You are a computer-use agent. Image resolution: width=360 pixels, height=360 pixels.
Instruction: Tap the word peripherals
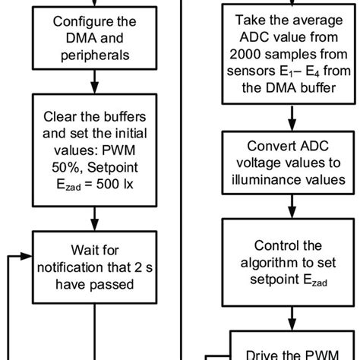click(x=95, y=55)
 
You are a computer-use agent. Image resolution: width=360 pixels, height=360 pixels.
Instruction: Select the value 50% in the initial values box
click(x=65, y=167)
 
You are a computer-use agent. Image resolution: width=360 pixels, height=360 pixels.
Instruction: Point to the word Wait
click(x=83, y=250)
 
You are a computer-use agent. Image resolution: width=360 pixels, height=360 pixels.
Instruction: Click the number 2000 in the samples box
click(x=245, y=54)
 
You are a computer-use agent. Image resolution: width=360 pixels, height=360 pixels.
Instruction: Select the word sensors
click(x=251, y=71)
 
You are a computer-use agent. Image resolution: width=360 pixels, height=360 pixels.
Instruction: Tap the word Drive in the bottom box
click(x=262, y=355)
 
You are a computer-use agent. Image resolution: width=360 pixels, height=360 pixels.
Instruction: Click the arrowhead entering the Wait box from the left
click(x=27, y=256)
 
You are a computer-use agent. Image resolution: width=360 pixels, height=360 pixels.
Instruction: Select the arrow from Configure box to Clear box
click(x=95, y=81)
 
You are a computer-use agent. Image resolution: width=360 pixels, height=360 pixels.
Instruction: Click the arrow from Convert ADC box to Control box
click(x=292, y=207)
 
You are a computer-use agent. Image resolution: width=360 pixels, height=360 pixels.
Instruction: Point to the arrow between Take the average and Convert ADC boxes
click(x=292, y=118)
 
